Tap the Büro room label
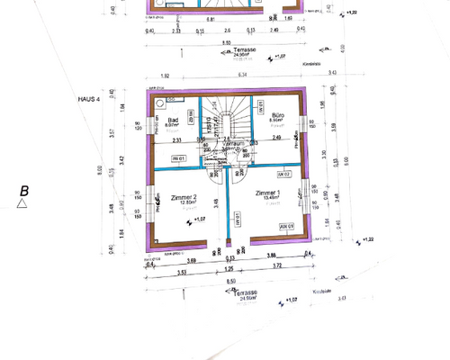(x=278, y=115)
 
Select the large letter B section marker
(x=24, y=190)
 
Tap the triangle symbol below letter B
(x=20, y=204)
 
